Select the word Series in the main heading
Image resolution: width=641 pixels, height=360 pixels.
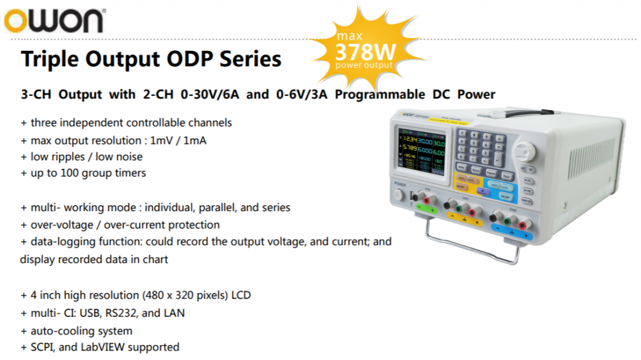coord(250,59)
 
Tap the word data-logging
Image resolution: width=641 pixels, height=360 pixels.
coord(60,242)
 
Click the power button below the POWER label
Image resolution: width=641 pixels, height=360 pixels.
coord(399,195)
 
